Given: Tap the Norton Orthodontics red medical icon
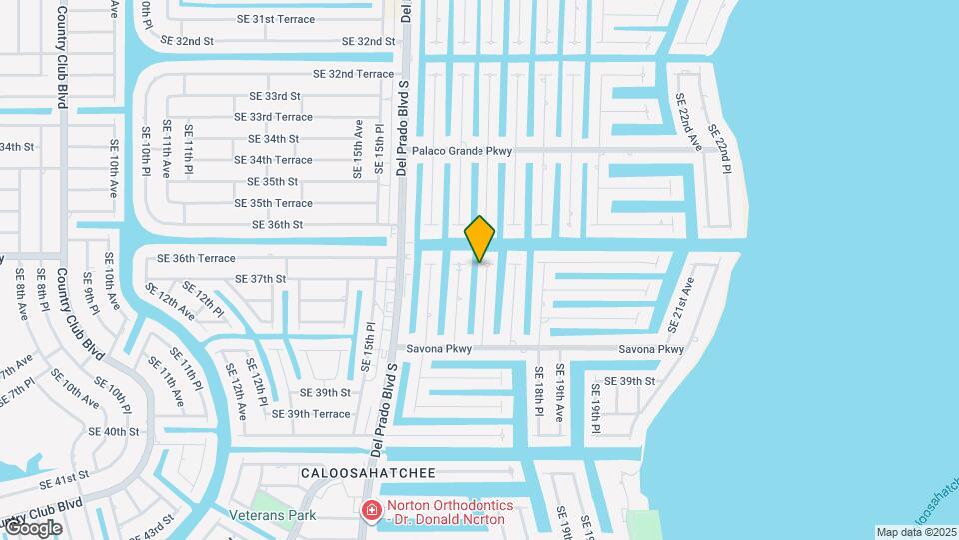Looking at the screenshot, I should click(372, 511).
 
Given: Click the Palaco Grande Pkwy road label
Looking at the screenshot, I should click(463, 151).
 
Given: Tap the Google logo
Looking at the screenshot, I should click(33, 527).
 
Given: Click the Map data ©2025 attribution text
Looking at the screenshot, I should click(916, 532).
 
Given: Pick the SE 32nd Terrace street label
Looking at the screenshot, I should click(354, 74).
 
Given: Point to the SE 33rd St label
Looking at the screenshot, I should click(275, 96).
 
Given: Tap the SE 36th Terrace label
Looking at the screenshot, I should click(196, 258).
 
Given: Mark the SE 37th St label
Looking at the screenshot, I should click(260, 279).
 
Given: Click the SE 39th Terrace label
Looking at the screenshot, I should click(305, 414).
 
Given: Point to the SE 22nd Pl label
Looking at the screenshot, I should click(719, 147).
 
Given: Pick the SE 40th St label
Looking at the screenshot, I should click(114, 431).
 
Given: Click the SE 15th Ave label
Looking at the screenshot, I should click(358, 149).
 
